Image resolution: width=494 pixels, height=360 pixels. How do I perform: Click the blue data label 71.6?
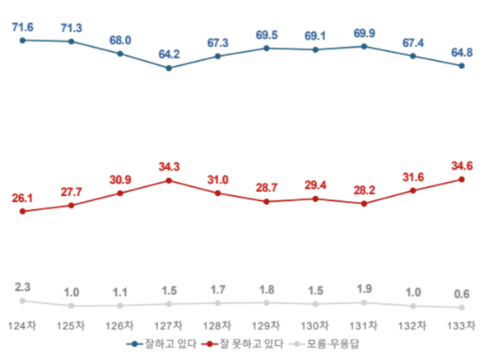pyautogui.click(x=22, y=26)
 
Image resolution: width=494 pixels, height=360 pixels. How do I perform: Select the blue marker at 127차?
pyautogui.click(x=169, y=68)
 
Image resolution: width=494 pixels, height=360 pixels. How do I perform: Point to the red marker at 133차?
pyautogui.click(x=462, y=179)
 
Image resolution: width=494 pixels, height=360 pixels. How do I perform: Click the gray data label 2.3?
pyautogui.click(x=22, y=288)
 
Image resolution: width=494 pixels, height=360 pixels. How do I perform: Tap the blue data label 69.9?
pyautogui.click(x=364, y=33)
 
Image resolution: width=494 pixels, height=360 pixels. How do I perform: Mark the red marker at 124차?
pyautogui.click(x=22, y=212)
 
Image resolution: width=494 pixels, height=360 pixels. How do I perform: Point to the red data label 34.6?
pyautogui.click(x=462, y=166)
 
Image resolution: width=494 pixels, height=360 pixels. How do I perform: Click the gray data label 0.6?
pyautogui.click(x=462, y=294)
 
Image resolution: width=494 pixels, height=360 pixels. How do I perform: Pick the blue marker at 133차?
pyautogui.click(x=462, y=66)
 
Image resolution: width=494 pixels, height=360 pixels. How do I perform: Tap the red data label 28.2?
pyautogui.click(x=364, y=189)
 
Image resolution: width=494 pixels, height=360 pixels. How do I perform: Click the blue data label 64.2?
pyautogui.click(x=169, y=54)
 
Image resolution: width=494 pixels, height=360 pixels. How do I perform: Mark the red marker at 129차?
pyautogui.click(x=266, y=201)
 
